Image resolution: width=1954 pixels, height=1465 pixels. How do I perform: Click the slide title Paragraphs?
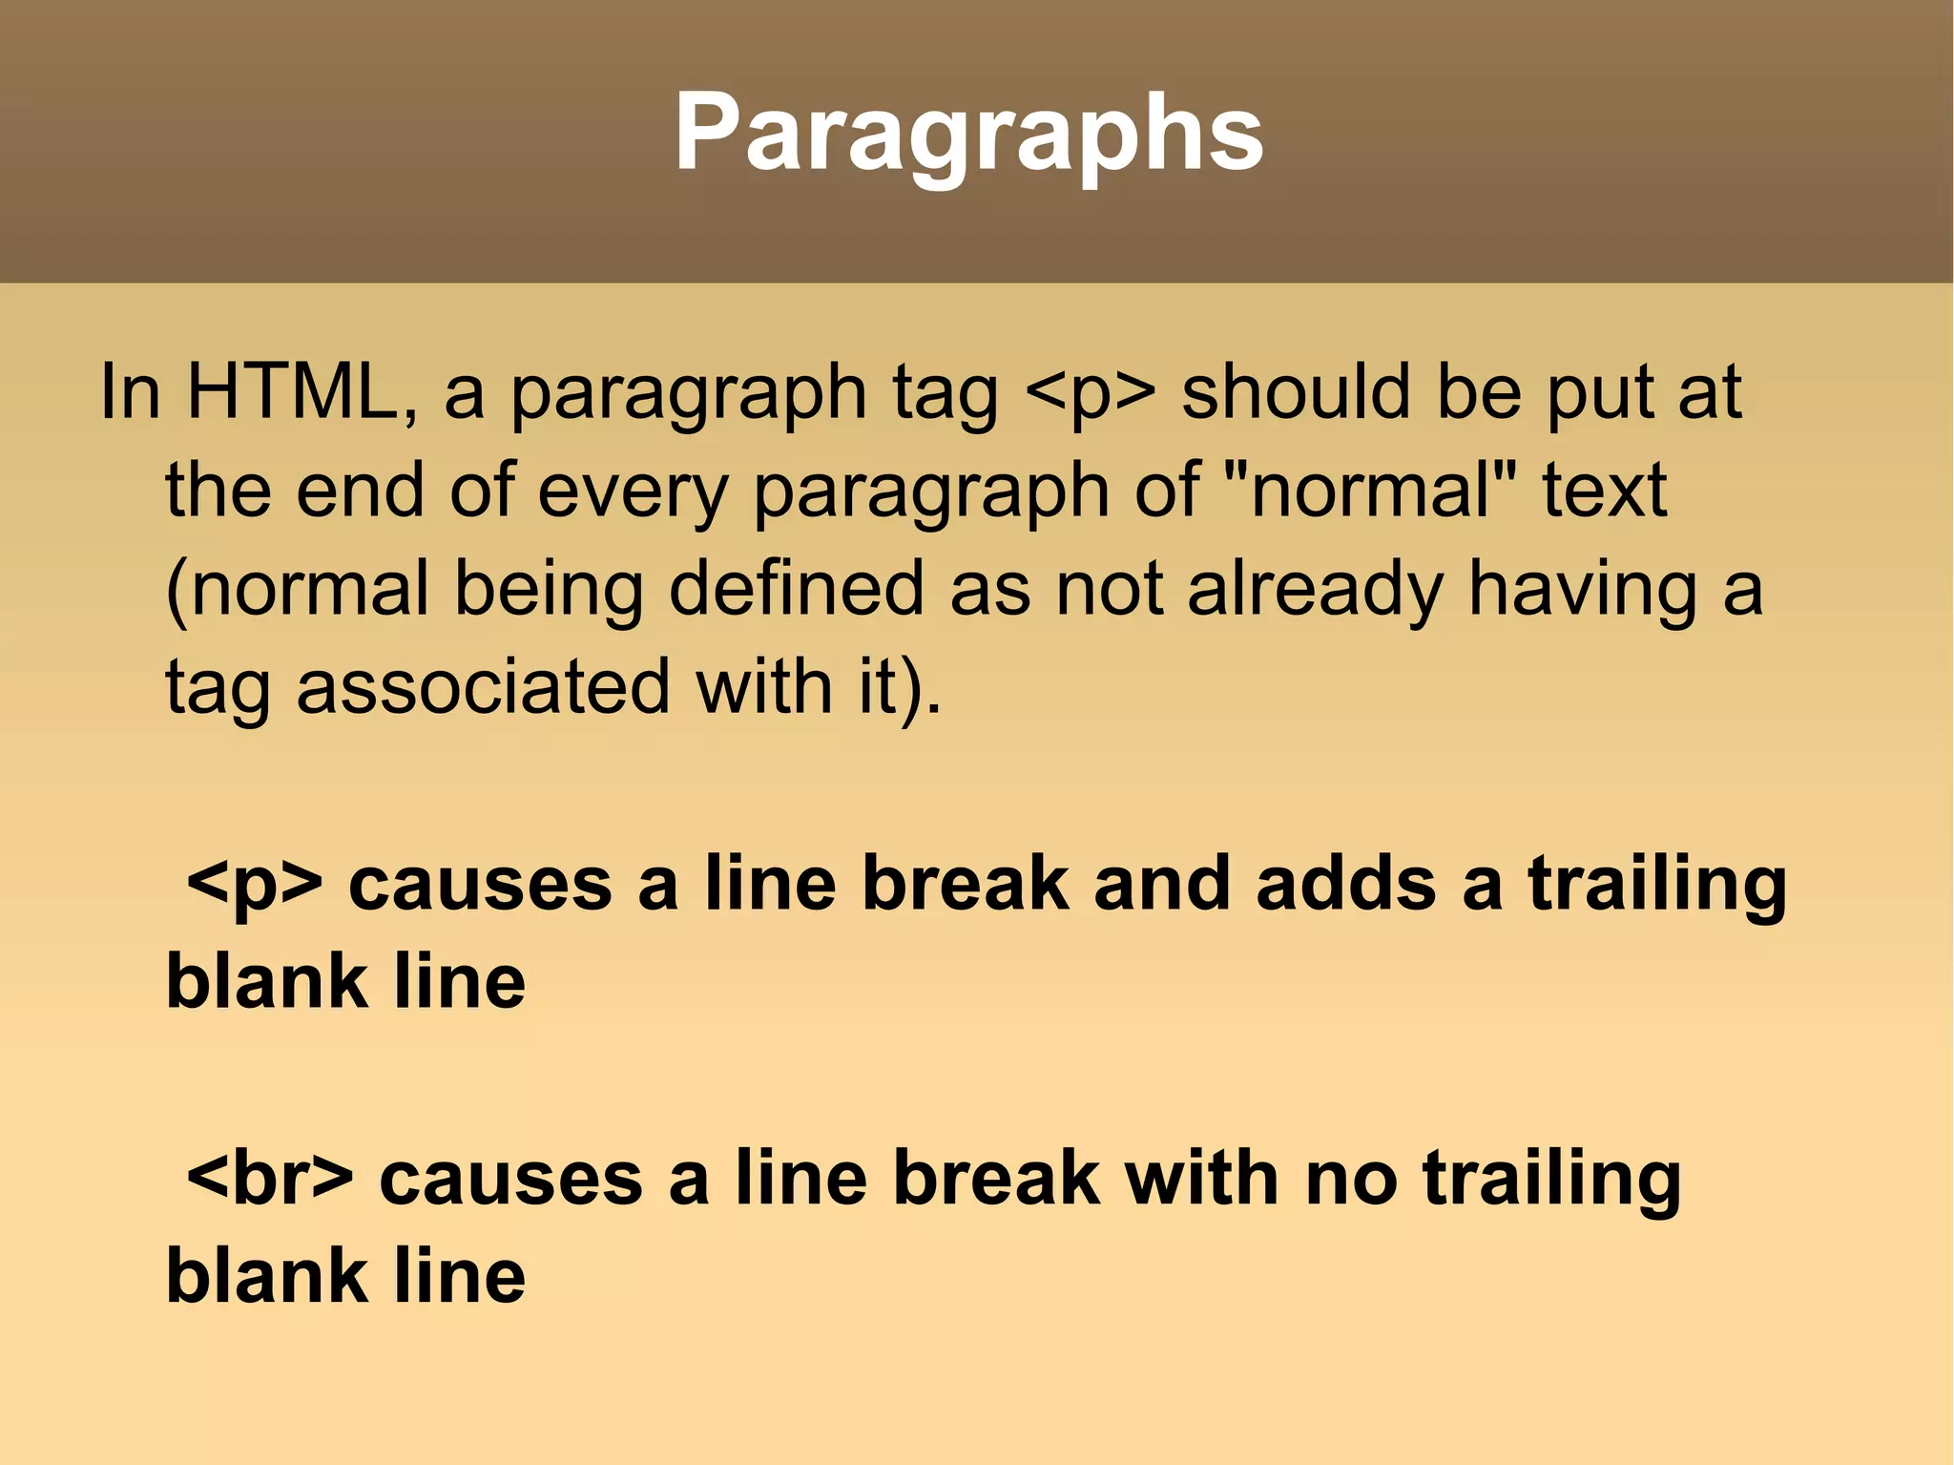(x=968, y=134)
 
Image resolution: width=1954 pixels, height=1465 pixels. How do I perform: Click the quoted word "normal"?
(x=1370, y=491)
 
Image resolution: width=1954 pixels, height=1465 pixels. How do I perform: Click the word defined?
(x=796, y=588)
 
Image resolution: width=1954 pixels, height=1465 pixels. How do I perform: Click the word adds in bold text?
(x=1345, y=884)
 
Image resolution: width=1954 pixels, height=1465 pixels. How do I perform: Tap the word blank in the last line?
(x=266, y=1276)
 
